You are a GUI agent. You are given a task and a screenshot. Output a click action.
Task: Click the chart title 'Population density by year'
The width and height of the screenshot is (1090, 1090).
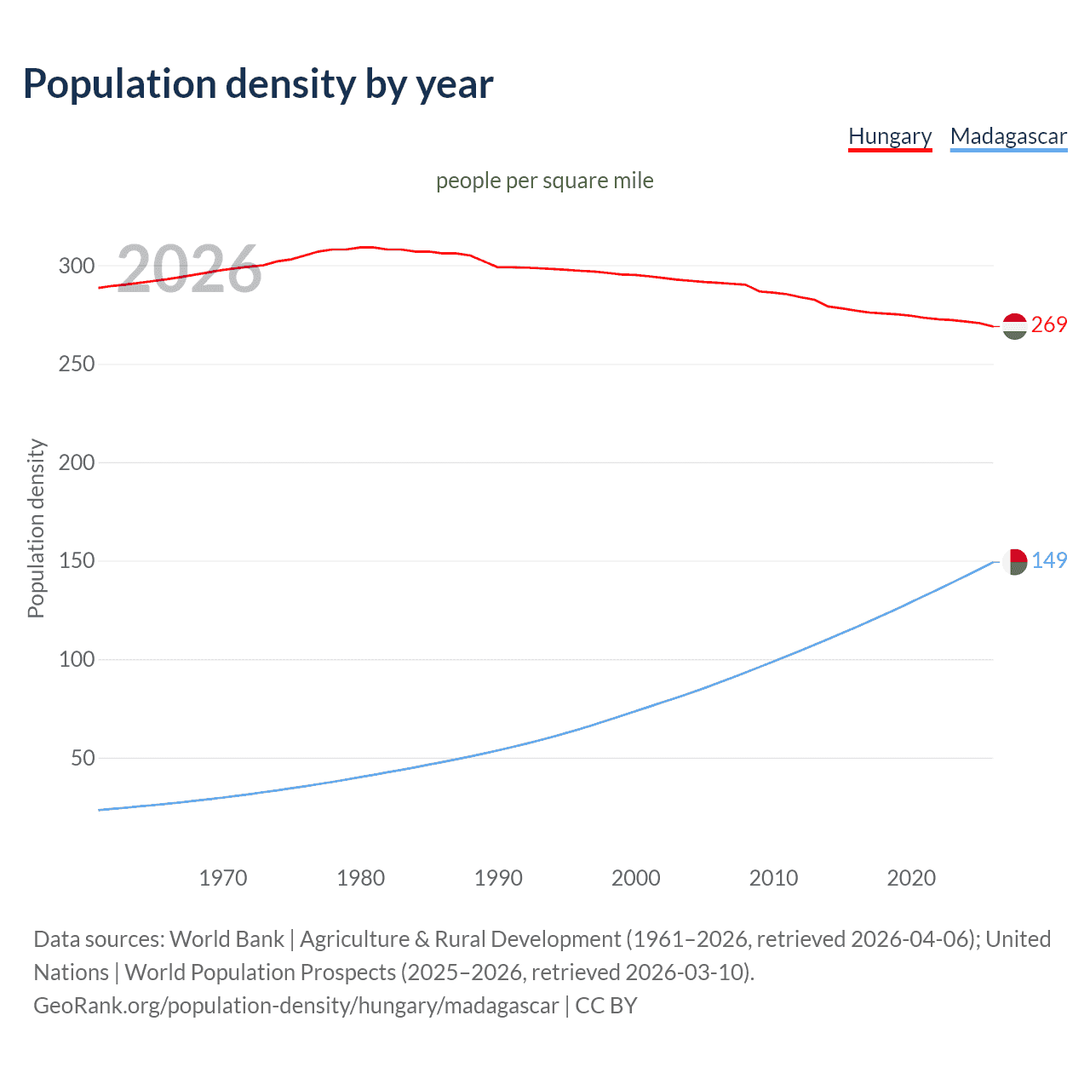pyautogui.click(x=258, y=84)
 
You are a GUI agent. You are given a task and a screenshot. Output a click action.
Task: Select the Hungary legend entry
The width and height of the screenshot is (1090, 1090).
pyautogui.click(x=890, y=136)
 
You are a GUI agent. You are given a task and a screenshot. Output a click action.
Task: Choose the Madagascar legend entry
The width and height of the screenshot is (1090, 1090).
pyautogui.click(x=1008, y=136)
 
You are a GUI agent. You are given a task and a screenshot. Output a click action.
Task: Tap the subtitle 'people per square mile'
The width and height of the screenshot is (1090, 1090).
pyautogui.click(x=545, y=181)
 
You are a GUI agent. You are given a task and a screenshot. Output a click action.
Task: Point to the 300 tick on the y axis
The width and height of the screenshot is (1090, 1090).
pyautogui.click(x=77, y=266)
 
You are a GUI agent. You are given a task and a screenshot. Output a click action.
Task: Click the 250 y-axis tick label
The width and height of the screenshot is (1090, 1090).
pyautogui.click(x=77, y=364)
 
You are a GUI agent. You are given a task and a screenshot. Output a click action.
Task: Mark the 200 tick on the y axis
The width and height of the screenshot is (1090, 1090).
pyautogui.click(x=77, y=462)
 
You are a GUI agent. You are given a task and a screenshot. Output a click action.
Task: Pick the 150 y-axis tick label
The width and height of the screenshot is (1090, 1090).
pyautogui.click(x=77, y=561)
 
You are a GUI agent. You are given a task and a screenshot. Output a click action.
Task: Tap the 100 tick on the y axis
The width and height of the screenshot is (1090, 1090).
pyautogui.click(x=77, y=659)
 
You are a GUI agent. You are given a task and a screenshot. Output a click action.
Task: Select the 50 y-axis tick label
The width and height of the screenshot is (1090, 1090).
pyautogui.click(x=83, y=758)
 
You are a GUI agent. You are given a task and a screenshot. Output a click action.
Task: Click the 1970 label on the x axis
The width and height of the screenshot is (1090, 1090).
pyautogui.click(x=223, y=878)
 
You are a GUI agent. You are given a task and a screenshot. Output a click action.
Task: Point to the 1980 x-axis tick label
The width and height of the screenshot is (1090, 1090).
pyautogui.click(x=361, y=878)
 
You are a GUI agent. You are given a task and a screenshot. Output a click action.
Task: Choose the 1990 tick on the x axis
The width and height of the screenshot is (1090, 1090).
pyautogui.click(x=498, y=878)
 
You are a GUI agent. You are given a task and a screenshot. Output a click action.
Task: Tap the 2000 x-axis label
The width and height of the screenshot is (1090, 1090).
pyautogui.click(x=636, y=878)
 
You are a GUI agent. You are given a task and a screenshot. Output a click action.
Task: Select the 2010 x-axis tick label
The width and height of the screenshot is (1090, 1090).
pyautogui.click(x=773, y=878)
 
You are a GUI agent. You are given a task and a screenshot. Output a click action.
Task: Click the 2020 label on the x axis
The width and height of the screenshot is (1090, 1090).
pyautogui.click(x=911, y=878)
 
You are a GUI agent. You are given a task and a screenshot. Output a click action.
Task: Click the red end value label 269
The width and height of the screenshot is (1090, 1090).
pyautogui.click(x=1049, y=325)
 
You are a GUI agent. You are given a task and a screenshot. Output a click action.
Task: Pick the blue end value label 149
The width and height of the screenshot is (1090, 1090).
pyautogui.click(x=1049, y=560)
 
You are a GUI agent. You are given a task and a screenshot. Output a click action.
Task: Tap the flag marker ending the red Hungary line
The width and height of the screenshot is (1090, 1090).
pyautogui.click(x=1014, y=326)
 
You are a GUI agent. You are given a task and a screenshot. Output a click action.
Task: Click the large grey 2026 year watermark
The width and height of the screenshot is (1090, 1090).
pyautogui.click(x=189, y=269)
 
